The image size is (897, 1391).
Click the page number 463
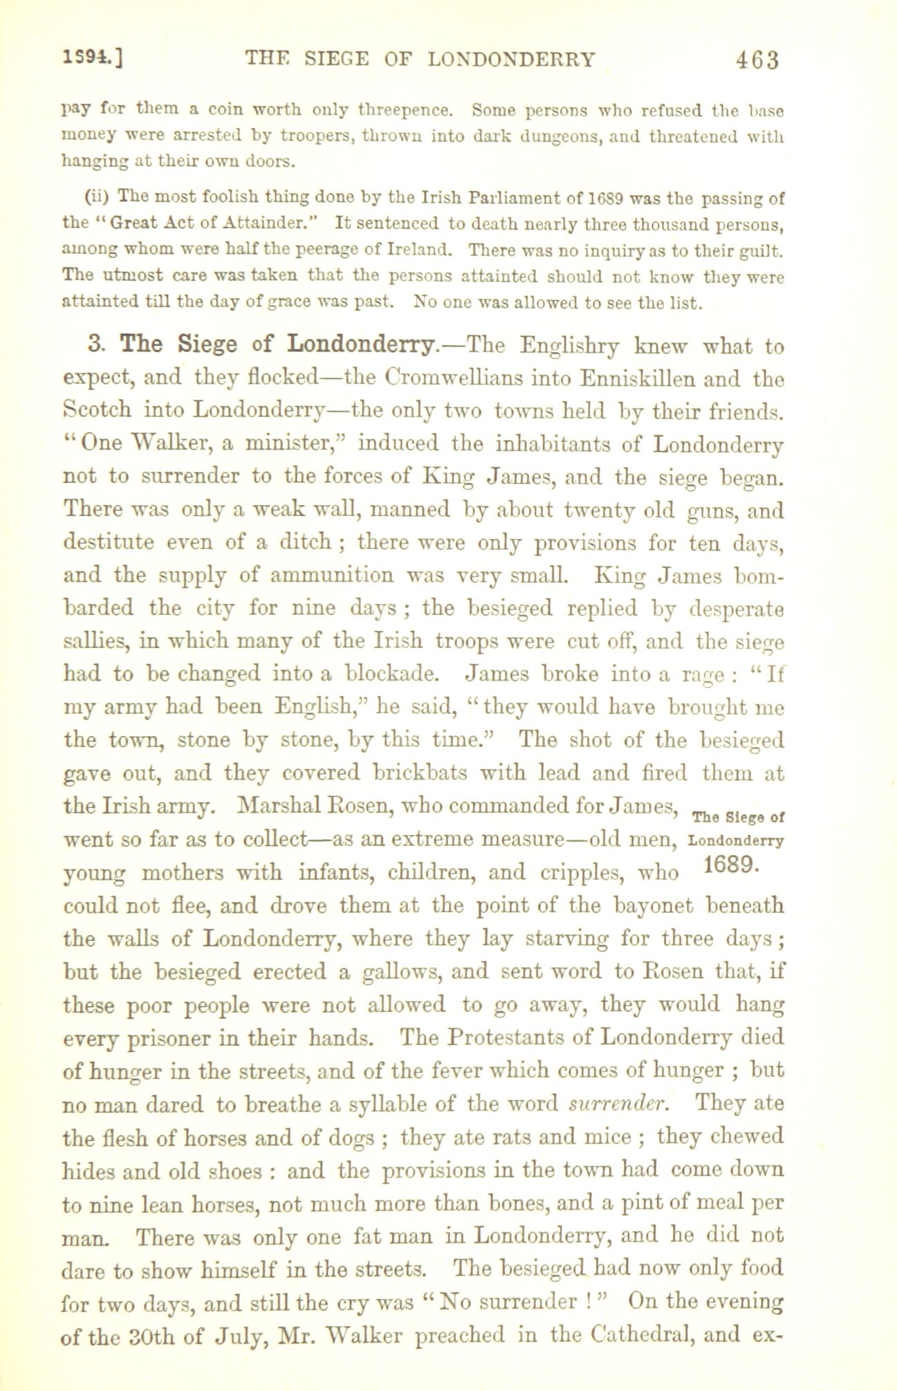(x=757, y=60)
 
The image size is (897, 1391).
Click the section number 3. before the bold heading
(x=98, y=344)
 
